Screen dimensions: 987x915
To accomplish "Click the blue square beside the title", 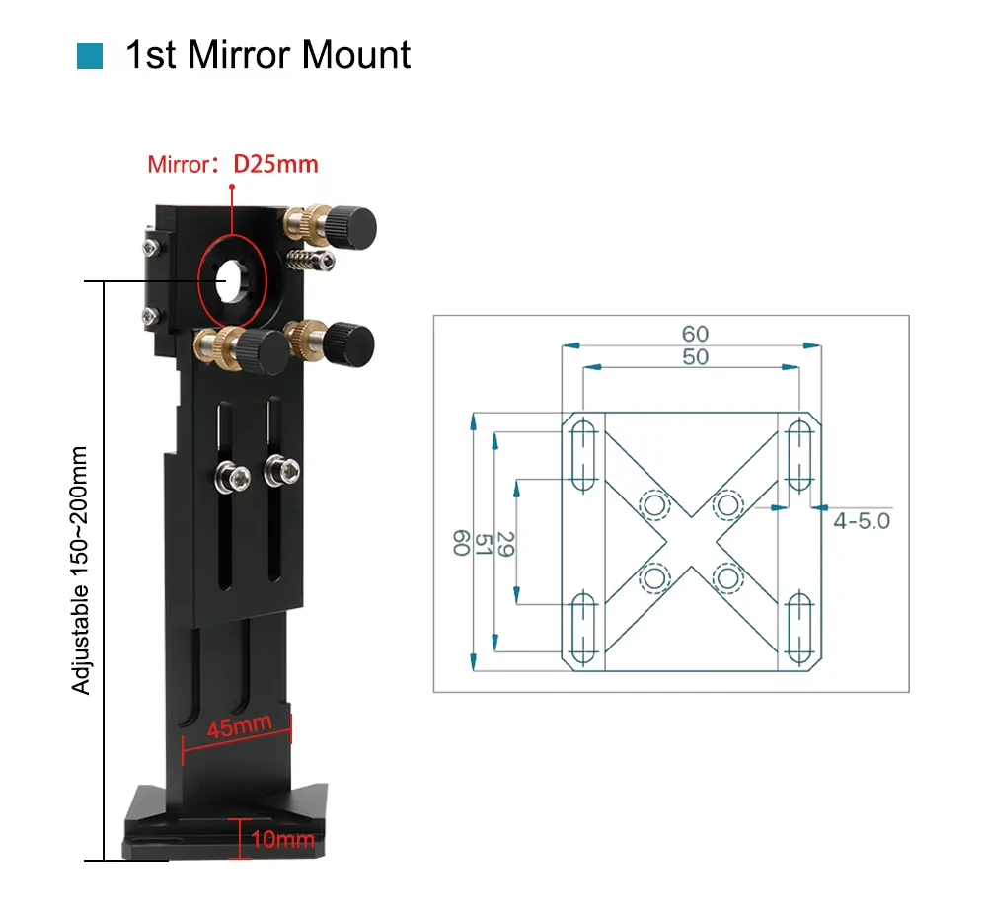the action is tap(90, 56).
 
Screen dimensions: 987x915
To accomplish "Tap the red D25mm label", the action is tap(275, 164).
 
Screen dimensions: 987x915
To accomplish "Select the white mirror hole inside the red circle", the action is tap(230, 281).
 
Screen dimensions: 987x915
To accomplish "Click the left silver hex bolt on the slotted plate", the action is tap(233, 479).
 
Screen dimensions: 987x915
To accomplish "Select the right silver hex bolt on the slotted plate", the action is tap(281, 470).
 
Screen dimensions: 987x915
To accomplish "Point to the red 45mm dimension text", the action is tap(239, 727).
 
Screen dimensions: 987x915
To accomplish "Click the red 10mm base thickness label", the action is tap(282, 839).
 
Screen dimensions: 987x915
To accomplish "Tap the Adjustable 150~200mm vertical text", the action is tap(80, 571).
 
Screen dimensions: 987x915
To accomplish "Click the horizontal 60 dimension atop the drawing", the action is tap(695, 334).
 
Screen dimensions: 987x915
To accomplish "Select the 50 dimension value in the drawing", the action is tap(695, 357).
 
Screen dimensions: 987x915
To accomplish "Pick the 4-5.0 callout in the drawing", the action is tap(862, 521).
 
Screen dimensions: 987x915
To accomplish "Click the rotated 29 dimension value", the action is tap(505, 544).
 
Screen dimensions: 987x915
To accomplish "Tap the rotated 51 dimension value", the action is tap(483, 544).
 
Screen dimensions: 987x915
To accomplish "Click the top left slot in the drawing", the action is tap(583, 455).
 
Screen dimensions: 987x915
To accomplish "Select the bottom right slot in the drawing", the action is tap(799, 629).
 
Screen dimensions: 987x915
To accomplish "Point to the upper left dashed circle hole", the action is tap(654, 505).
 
